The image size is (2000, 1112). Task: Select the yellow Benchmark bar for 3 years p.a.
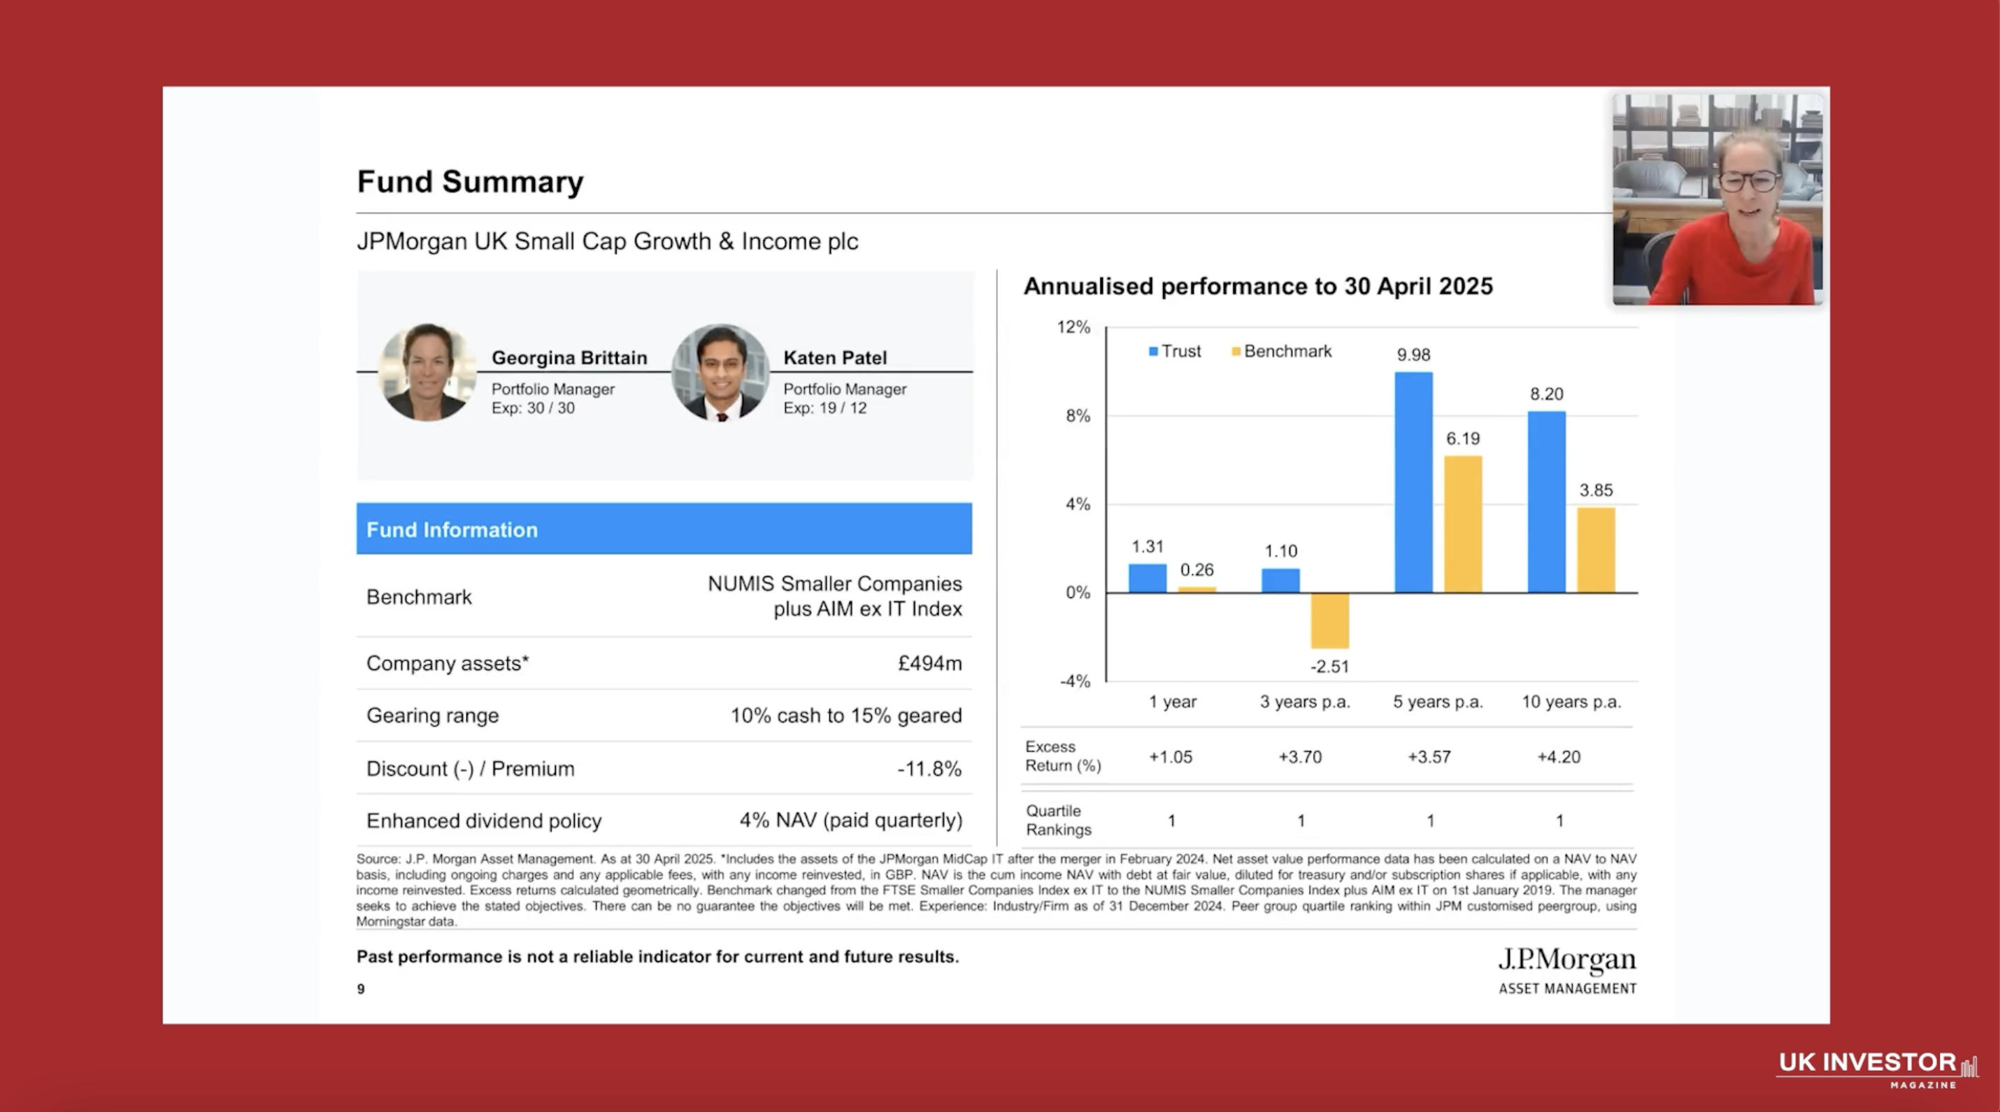pos(1329,620)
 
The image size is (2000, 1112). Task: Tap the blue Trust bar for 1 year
pos(1147,578)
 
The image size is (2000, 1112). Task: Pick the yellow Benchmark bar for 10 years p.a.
pos(1596,550)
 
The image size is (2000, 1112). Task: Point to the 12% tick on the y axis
pos(1073,327)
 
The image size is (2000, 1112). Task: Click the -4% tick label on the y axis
pos(1075,681)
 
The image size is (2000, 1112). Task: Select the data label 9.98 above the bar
pos(1413,355)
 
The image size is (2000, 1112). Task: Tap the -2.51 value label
pos(1329,667)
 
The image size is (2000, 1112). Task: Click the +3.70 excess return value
pos(1300,757)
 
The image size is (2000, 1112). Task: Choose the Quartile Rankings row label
pos(1057,820)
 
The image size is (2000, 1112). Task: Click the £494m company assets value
pos(929,663)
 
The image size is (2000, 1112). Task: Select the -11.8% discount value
pos(929,769)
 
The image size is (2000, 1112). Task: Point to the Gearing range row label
pos(432,715)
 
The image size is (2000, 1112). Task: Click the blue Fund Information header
pos(664,529)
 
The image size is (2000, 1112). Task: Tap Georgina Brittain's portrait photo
pos(427,372)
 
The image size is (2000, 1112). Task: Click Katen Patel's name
pos(835,358)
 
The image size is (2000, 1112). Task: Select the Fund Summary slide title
pos(470,182)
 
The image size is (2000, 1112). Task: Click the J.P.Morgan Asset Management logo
pos(1566,970)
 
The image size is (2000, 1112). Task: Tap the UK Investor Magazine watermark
pos(1876,1069)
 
